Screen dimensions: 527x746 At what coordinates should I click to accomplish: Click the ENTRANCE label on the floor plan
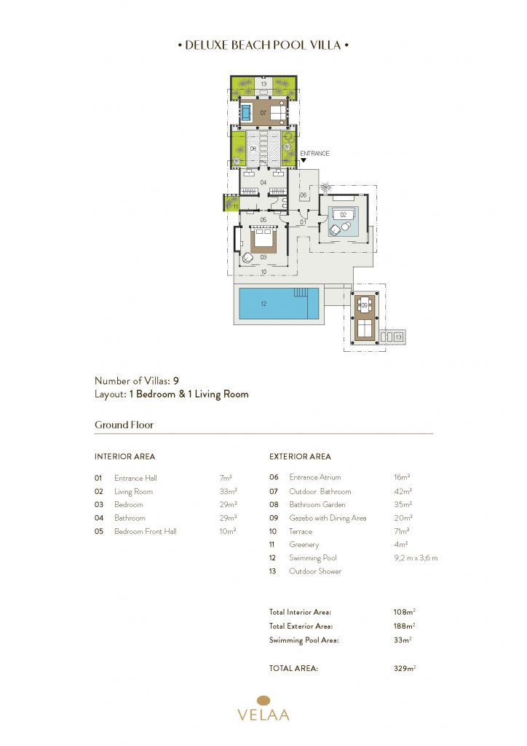314,153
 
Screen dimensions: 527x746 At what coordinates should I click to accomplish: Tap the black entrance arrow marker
304,161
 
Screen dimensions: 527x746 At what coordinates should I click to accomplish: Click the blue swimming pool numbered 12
279,304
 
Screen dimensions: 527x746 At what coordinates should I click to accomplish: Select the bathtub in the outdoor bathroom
246,113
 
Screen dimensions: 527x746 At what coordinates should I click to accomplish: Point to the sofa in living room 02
344,215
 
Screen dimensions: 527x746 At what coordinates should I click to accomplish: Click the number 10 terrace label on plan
263,272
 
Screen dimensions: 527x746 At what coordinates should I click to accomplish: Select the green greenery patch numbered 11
230,203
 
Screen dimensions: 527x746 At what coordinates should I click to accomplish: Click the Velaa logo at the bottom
263,708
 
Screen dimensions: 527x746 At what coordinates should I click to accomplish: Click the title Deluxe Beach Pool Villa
263,45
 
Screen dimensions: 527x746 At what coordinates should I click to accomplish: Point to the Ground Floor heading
124,425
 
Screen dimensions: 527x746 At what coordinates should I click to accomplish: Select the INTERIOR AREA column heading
124,456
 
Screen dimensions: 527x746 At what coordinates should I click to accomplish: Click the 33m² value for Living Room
228,491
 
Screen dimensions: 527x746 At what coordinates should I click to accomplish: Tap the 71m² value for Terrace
402,531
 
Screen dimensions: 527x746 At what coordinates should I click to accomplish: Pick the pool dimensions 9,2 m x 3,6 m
416,557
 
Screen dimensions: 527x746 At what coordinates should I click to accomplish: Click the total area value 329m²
405,668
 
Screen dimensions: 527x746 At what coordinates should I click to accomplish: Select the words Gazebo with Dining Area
328,518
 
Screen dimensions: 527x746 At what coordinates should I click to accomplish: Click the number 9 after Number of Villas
176,380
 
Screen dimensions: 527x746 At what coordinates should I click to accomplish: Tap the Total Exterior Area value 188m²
404,626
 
